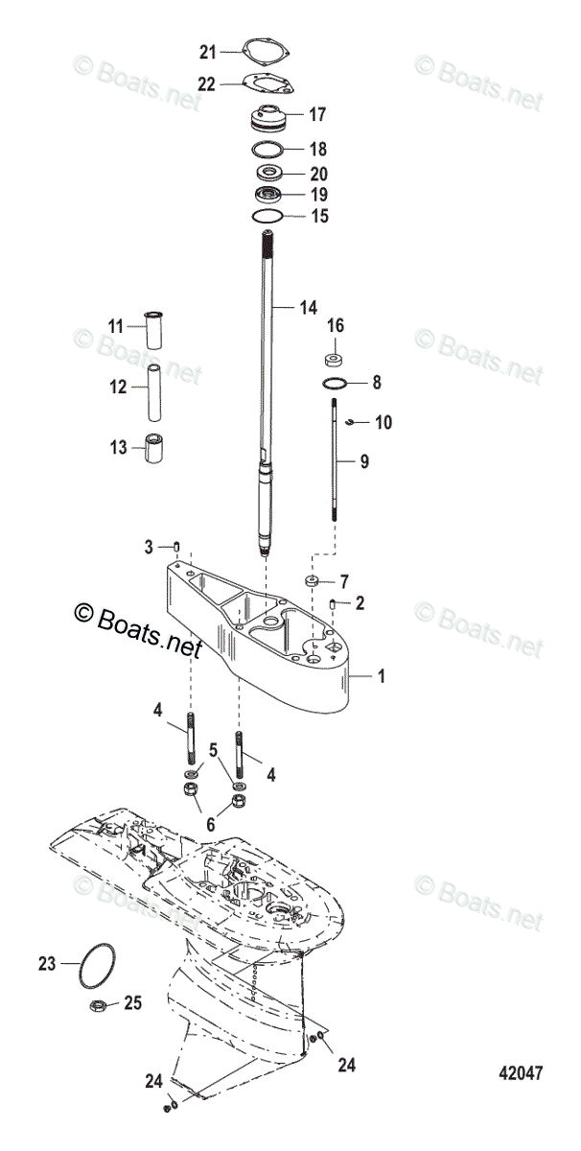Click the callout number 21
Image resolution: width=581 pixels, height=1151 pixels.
(x=208, y=51)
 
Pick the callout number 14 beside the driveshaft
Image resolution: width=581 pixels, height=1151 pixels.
(x=307, y=308)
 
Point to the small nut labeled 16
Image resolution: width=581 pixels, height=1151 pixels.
(x=336, y=361)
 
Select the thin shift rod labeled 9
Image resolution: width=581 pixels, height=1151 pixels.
(x=335, y=460)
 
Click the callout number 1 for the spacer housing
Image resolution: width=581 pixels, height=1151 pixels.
(x=381, y=676)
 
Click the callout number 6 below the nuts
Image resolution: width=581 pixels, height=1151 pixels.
(x=211, y=824)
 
